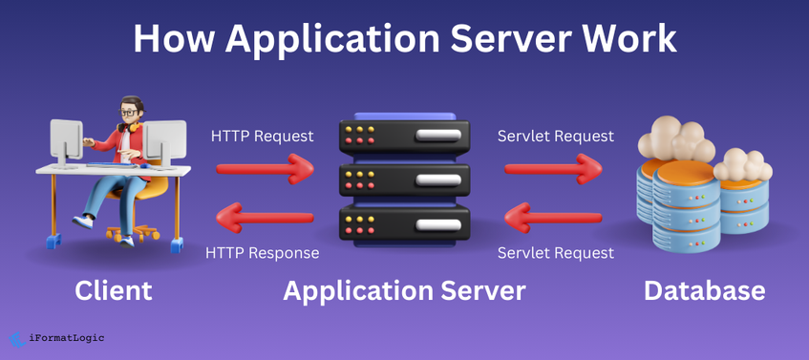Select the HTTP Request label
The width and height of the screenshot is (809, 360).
262,137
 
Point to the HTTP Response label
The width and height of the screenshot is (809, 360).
262,253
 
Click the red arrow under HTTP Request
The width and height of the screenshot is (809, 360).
265,170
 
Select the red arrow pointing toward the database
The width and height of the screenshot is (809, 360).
553,170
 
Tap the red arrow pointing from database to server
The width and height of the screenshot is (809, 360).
553,221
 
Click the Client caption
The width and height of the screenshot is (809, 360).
113,290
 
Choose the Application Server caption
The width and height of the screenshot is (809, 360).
404,290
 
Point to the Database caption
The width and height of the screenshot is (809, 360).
704,290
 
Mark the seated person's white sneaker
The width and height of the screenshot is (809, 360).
84,221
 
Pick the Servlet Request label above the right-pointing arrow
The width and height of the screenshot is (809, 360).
555,137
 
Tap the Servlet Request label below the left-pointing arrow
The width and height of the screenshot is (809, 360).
555,253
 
